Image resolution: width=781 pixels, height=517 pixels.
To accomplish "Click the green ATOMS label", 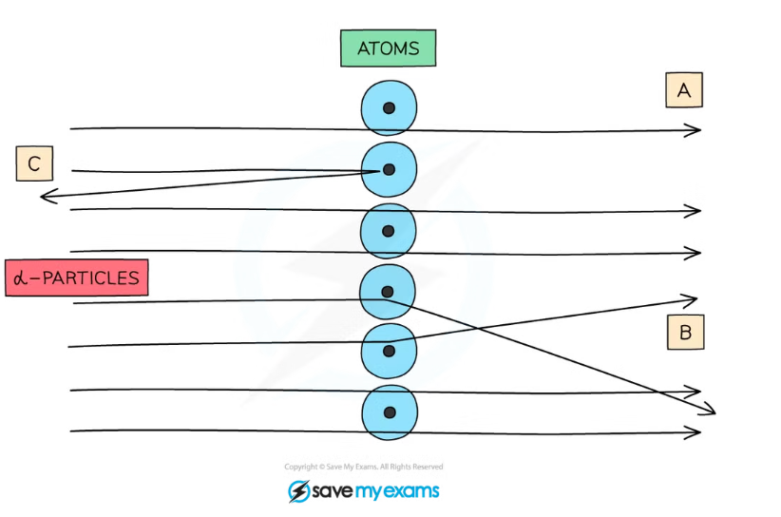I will click(x=388, y=48).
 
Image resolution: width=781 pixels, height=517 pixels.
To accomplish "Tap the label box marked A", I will click(x=683, y=90).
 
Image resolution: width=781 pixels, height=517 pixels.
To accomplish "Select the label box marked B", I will click(x=685, y=333).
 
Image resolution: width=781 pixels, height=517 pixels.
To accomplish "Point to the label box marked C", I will click(x=34, y=164).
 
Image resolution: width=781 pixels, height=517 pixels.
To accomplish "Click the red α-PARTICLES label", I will click(x=76, y=278).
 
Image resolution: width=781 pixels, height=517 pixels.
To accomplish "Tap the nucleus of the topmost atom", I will click(x=389, y=108).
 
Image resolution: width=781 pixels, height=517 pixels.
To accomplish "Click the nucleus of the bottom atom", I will click(x=389, y=412).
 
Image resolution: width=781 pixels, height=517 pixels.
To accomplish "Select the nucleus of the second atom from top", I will click(x=389, y=169).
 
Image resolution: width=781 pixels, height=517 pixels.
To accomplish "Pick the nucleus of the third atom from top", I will click(x=388, y=230).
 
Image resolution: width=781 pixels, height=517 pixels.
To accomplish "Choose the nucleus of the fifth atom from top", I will click(x=388, y=351).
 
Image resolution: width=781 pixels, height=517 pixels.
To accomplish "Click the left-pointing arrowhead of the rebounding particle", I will click(x=44, y=196).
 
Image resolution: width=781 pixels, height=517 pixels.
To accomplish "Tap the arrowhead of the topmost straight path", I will click(x=697, y=130).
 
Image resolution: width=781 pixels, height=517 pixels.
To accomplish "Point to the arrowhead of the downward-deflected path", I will click(x=711, y=411).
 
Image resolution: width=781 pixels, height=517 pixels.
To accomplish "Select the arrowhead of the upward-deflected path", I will click(x=695, y=299).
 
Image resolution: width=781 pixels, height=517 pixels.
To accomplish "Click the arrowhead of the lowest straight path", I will click(x=697, y=432).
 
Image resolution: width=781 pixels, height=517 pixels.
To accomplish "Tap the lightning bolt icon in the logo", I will click(x=299, y=491).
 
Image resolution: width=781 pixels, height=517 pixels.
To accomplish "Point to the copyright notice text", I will click(x=364, y=467).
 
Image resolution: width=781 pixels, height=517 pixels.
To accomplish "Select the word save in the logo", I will click(x=333, y=491).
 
